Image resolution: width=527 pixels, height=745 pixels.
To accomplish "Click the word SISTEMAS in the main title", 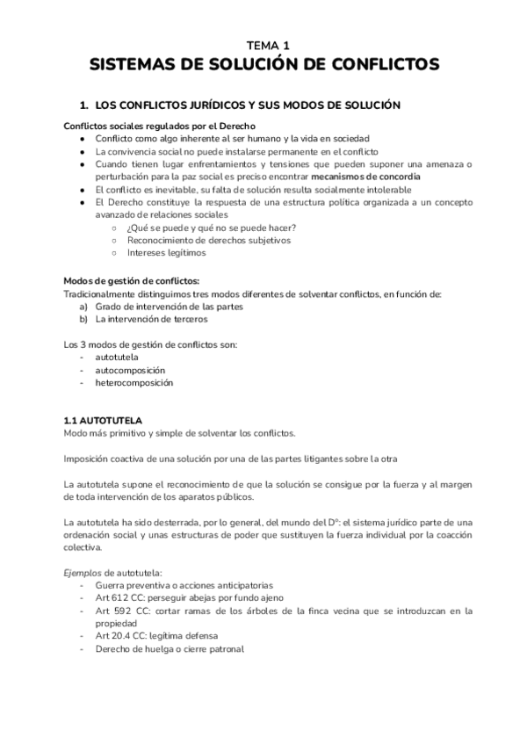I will pos(132,65).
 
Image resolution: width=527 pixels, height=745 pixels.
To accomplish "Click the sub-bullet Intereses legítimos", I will pos(166,252).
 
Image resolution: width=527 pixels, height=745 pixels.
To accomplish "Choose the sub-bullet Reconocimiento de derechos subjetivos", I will pos(208,240).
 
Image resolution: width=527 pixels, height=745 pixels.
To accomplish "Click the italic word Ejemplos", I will pos(85,573).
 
